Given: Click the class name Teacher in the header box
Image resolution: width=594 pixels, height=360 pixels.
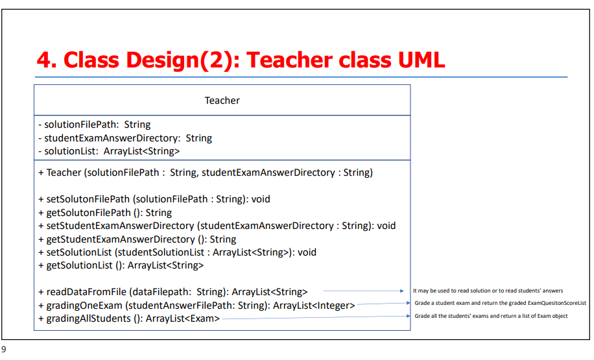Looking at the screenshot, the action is [x=222, y=101].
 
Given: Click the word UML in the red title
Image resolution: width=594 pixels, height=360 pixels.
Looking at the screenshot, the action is [x=422, y=60].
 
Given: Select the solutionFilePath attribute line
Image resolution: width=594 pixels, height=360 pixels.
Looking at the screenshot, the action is [x=94, y=125].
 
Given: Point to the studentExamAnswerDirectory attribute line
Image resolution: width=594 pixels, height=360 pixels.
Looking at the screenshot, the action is [x=125, y=138].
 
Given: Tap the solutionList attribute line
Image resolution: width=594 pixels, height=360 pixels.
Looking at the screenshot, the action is [x=109, y=151].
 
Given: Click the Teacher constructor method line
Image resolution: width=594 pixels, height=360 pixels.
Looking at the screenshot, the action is [x=206, y=173].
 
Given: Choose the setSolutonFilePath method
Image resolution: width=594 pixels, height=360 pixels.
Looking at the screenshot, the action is [x=154, y=199].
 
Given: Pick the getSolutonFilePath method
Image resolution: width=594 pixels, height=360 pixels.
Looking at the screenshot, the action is [x=105, y=213].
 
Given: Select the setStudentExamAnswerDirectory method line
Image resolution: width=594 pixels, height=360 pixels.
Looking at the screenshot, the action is [x=217, y=226].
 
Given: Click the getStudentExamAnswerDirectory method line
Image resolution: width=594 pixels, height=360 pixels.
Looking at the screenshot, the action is [x=137, y=239].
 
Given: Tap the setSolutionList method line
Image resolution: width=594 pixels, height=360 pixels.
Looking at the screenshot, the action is [x=177, y=252].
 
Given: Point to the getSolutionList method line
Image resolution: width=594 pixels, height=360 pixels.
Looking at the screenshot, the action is [x=121, y=265].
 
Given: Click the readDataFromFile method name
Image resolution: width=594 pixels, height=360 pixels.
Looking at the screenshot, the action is [x=86, y=292].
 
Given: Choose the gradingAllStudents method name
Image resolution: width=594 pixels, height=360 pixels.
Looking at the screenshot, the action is [x=89, y=318].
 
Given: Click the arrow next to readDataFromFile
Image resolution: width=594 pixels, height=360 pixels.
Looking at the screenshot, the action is [x=363, y=291].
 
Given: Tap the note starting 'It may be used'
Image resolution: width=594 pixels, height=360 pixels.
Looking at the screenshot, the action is [x=488, y=291].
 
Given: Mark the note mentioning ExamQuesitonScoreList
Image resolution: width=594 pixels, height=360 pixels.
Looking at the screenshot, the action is [x=501, y=303].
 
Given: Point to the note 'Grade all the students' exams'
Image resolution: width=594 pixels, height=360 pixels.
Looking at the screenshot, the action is [x=491, y=316].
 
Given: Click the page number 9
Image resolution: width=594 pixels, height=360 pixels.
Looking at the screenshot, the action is [x=4, y=350].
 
